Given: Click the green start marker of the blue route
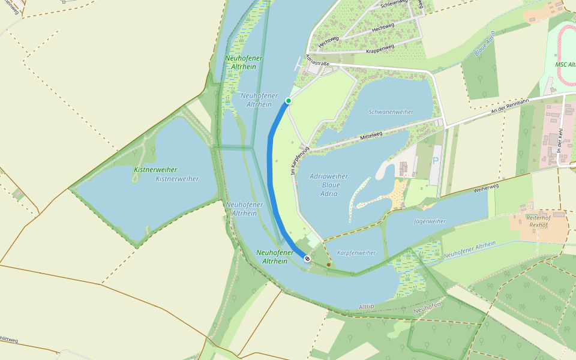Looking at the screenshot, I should [x=289, y=101].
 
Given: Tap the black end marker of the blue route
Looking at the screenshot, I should [x=307, y=259].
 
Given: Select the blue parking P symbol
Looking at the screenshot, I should [x=436, y=161].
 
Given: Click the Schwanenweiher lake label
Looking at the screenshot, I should [x=391, y=112].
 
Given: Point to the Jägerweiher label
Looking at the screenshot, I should [x=430, y=221].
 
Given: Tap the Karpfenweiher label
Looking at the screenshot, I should [x=356, y=253].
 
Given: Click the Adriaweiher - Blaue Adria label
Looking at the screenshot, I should [x=328, y=185].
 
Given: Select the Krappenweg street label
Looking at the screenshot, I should [x=379, y=49].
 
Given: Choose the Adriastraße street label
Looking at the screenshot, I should [x=317, y=61].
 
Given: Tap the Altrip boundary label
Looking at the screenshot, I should [x=366, y=307].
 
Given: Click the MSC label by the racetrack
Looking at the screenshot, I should [x=565, y=64].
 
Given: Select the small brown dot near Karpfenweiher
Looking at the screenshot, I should [x=328, y=264].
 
